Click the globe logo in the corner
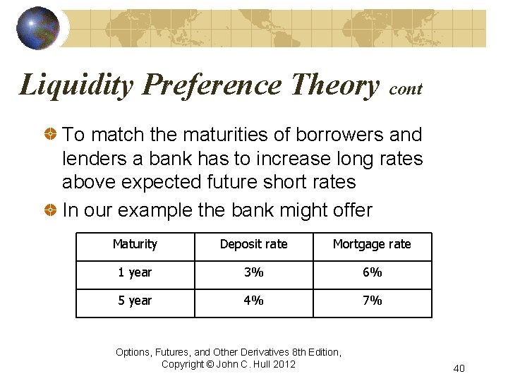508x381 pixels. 37,28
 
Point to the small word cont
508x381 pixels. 406,90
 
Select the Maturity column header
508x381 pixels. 135,244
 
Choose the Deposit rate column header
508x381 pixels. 253,244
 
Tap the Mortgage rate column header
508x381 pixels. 372,244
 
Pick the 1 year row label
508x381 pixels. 135,272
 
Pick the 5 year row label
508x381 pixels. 135,301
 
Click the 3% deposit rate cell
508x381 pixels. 253,272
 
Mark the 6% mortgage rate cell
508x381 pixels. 372,272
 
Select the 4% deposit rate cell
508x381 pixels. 253,301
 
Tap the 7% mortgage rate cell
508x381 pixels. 372,301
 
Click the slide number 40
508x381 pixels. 459,368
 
